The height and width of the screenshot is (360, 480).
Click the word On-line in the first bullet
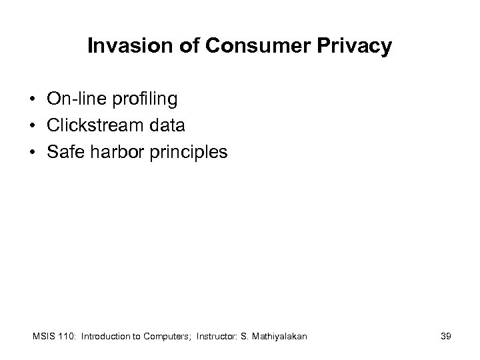[x=72, y=99]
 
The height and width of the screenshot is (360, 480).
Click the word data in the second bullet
[x=168, y=125]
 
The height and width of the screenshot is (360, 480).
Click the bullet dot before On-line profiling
[x=32, y=100]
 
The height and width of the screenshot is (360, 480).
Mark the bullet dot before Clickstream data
[x=32, y=126]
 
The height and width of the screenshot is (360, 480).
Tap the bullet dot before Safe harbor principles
[x=32, y=153]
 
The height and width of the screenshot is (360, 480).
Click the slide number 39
[x=445, y=337]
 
